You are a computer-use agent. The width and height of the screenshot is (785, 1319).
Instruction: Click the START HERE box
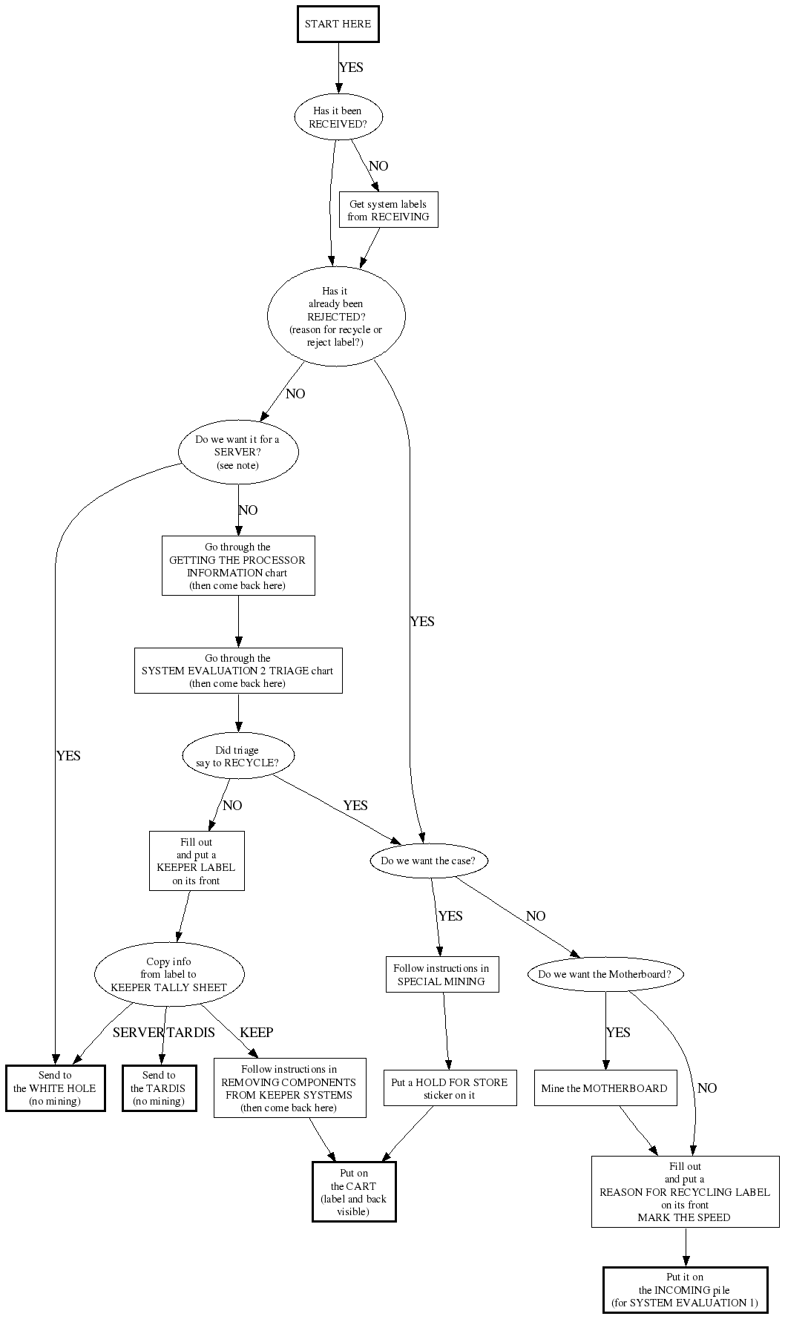338,24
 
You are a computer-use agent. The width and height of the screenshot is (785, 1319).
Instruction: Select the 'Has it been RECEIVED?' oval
338,117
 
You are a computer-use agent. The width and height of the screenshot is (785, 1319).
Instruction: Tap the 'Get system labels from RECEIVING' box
388,210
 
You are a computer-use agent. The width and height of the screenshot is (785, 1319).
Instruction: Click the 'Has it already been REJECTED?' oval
336,316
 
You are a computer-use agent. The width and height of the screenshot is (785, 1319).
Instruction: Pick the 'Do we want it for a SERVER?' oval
238,452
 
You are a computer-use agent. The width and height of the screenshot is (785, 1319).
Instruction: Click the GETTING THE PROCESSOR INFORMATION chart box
238,566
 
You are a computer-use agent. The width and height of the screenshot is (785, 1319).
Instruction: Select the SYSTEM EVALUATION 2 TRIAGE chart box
238,671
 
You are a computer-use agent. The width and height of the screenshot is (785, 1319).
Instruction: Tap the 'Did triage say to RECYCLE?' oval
237,756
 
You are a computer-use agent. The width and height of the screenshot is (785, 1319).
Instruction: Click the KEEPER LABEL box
197,861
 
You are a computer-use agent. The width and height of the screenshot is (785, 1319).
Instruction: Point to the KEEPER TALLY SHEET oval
169,974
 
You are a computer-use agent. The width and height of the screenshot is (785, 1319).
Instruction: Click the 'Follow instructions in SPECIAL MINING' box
442,975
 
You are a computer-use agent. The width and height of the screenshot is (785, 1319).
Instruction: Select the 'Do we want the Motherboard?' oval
605,974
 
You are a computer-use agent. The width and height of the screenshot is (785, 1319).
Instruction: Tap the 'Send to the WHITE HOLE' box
55,1088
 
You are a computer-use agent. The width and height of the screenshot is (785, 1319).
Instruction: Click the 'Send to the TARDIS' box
159,1088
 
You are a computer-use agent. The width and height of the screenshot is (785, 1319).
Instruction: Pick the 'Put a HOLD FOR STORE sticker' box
450,1088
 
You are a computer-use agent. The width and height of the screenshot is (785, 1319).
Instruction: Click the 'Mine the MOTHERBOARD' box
605,1088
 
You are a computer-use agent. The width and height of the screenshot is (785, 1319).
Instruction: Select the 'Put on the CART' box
354,1192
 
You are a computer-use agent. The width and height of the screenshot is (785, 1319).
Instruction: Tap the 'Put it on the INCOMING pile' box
685,1290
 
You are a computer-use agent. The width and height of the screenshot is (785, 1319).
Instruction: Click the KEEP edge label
256,1032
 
